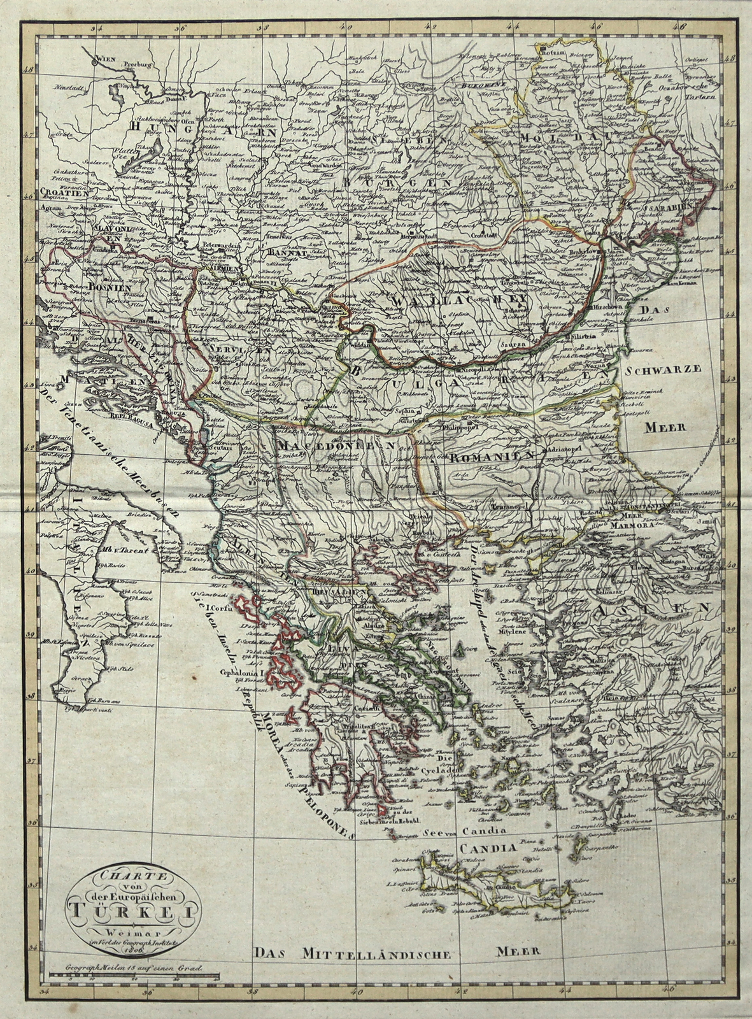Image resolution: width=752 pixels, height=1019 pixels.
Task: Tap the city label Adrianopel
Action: coord(565,449)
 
